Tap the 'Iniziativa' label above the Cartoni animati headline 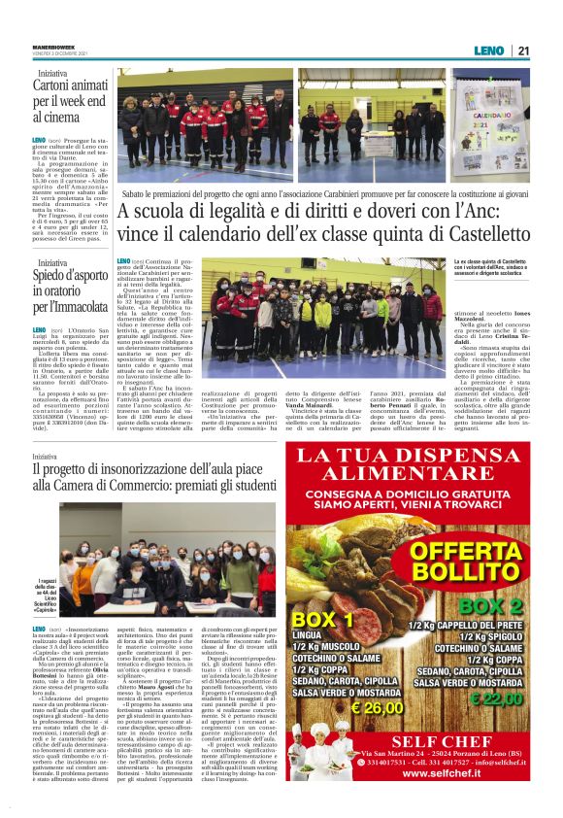click(x=53, y=73)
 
